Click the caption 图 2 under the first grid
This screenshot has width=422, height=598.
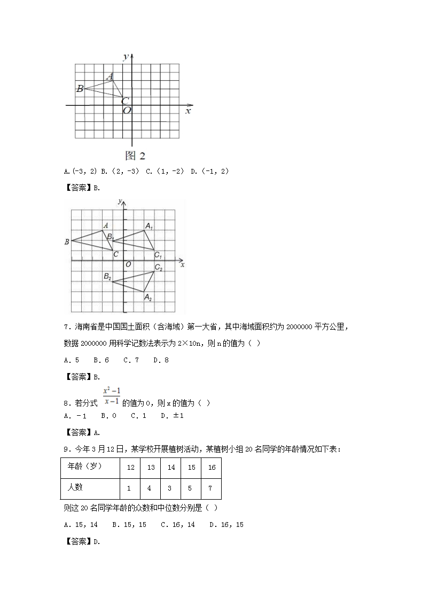(135, 156)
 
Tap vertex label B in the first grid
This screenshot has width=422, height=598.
(80, 88)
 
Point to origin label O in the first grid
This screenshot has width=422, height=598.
(127, 111)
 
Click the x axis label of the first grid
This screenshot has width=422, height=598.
(188, 111)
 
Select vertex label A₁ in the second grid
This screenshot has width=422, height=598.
(149, 227)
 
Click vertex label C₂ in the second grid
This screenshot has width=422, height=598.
(158, 267)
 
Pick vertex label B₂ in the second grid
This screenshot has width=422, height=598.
(107, 276)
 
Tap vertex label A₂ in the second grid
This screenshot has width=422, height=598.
(148, 298)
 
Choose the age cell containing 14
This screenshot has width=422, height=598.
(171, 467)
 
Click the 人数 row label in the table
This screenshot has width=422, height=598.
(75, 487)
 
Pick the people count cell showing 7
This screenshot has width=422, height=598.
(211, 488)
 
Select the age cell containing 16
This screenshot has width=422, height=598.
(211, 467)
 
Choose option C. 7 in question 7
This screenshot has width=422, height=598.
(131, 360)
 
